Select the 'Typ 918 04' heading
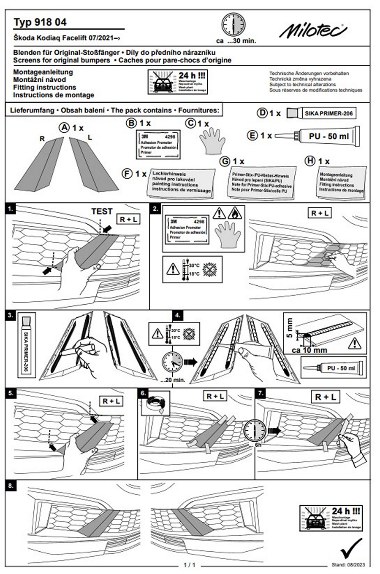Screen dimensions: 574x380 coord(40,22)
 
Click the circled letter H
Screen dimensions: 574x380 coord(310,161)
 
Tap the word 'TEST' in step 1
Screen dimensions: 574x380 coord(102,212)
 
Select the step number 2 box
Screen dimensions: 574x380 coord(156,209)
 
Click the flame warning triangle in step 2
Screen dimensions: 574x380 coord(235,213)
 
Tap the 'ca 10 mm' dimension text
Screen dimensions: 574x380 coord(309,349)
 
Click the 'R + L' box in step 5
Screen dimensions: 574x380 coord(111,401)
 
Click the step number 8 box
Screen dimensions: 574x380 coord(11,485)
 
